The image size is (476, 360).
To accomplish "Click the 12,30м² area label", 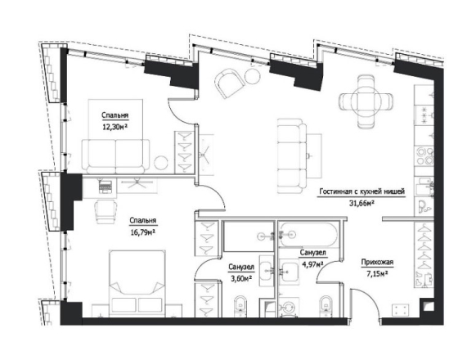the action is tap(115, 127).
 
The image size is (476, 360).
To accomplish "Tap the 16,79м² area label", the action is tap(142, 232).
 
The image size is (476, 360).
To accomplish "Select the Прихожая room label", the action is tap(377, 262).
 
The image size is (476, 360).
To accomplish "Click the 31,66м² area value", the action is tap(361, 203).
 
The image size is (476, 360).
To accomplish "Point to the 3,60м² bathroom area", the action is tap(241, 278).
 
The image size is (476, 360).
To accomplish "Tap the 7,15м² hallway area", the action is tap(377, 274).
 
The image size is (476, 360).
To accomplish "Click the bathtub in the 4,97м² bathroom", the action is tap(308, 235).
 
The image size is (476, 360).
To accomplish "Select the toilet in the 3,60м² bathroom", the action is tap(241, 305).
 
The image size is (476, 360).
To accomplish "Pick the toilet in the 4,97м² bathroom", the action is tap(326, 305).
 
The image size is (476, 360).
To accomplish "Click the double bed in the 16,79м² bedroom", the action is tap(137, 283).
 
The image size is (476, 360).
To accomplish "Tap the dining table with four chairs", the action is tap(366, 101).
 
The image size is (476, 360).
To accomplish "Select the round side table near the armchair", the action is tap(253, 75).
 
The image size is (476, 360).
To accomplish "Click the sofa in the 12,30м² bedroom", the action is tap(115, 156).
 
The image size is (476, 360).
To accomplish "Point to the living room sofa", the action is tap(292, 155).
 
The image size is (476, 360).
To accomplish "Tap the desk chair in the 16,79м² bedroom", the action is tap(106, 211).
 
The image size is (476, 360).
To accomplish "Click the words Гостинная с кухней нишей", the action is tap(361, 192).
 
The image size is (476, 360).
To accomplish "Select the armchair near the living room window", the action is tap(229, 83).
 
